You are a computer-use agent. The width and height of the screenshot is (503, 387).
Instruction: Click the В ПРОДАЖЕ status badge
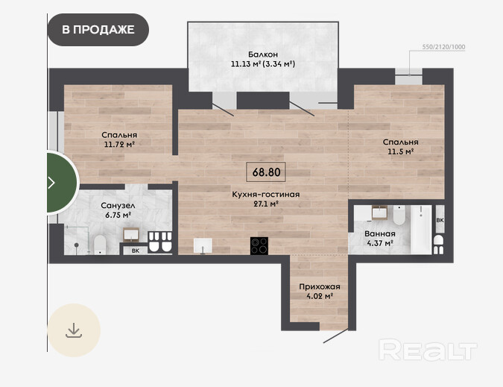[98, 30]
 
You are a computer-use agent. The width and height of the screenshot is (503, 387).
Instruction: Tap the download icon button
[74, 330]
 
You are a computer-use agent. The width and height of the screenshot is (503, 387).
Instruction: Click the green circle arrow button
[63, 183]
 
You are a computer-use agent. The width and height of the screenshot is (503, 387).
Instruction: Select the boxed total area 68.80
[266, 172]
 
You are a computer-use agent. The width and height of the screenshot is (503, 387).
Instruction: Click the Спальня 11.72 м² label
[119, 139]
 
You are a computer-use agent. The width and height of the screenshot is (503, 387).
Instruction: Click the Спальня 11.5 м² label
[401, 147]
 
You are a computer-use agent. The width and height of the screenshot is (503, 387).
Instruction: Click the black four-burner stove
[259, 246]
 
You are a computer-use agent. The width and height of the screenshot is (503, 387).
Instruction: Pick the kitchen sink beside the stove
[203, 246]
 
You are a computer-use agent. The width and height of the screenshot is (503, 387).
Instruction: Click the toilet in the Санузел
[100, 245]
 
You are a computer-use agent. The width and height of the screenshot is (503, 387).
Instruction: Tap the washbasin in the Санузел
[131, 235]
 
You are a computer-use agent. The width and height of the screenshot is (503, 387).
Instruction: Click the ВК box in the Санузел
[136, 251]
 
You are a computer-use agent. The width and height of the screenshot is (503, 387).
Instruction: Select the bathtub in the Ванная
[421, 229]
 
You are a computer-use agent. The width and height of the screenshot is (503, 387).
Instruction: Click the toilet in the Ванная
[399, 215]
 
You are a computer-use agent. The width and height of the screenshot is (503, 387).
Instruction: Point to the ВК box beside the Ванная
[440, 219]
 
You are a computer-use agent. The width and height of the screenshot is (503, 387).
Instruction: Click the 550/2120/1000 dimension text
[443, 47]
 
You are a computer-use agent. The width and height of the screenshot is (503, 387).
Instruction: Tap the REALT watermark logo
[428, 350]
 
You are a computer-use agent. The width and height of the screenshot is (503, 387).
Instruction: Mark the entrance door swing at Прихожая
[335, 336]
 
